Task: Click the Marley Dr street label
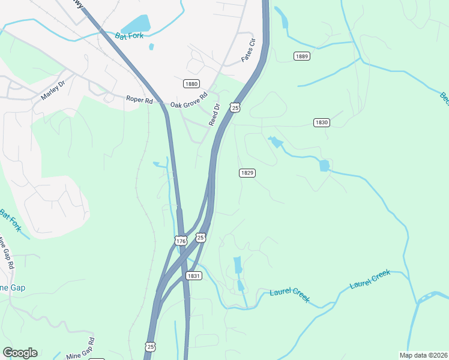[56, 88]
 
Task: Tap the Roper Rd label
[139, 100]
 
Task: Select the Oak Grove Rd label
[188, 100]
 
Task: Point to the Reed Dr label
[214, 114]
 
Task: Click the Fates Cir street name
[248, 50]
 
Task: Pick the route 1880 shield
[191, 84]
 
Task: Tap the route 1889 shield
[302, 56]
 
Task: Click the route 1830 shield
[321, 122]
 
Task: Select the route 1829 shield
[247, 173]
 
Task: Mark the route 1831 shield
[193, 276]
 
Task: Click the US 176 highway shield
[181, 241]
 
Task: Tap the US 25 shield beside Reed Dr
[235, 107]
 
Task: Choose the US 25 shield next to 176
[201, 238]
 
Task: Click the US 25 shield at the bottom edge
[150, 346]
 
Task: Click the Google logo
[20, 353]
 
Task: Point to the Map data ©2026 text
[423, 355]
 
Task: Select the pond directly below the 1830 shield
[325, 166]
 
